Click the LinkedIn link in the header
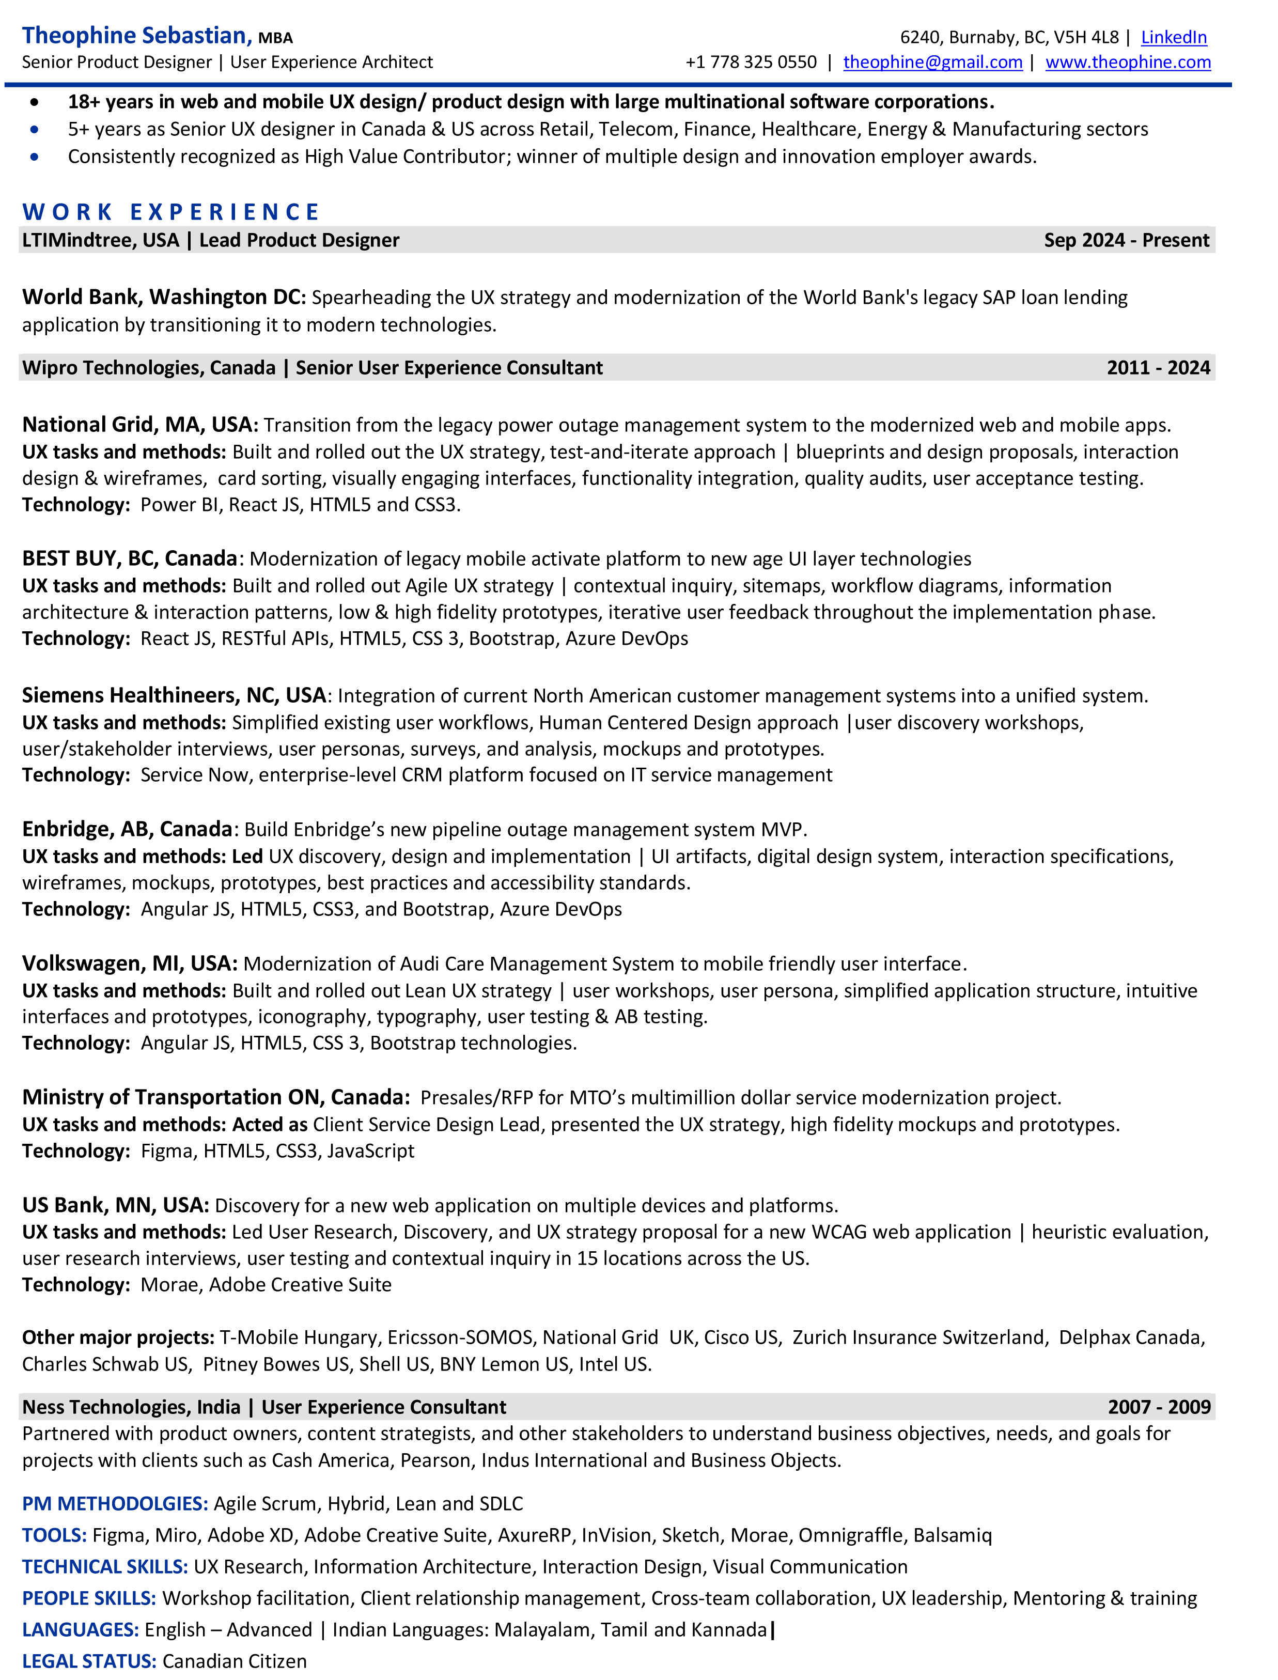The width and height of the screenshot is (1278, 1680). tap(1173, 37)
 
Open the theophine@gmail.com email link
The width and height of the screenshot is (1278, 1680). tap(932, 63)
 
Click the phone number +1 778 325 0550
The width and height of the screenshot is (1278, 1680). tap(750, 63)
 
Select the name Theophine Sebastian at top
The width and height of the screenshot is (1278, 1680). tap(135, 36)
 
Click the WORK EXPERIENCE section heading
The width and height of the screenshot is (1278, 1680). tap(170, 211)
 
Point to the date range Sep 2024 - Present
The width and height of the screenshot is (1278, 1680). tap(1126, 240)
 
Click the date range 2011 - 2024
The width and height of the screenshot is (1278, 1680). tap(1158, 368)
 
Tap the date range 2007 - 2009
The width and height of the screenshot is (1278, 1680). tap(1159, 1407)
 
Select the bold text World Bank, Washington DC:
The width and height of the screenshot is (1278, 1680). tap(164, 297)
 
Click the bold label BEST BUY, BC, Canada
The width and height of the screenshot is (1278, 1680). tap(129, 558)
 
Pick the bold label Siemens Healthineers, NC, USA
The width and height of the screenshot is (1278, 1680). tap(174, 695)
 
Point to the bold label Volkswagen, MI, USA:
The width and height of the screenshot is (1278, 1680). tap(129, 963)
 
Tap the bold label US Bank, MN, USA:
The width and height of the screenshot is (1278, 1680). tap(115, 1205)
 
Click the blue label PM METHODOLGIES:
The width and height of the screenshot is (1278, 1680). tap(115, 1503)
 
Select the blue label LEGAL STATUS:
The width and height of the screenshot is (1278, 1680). tap(89, 1661)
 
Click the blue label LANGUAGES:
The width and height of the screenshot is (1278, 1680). tap(81, 1630)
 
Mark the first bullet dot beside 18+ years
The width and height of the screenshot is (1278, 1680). tap(34, 102)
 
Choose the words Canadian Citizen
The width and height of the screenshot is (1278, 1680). tap(235, 1661)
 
